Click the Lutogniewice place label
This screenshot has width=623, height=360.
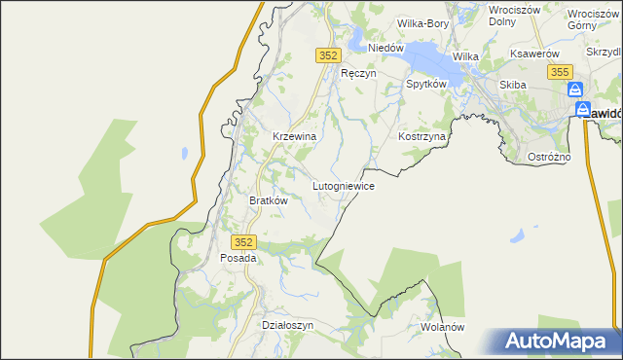[x=343, y=184]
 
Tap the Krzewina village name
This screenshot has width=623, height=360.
[x=294, y=137]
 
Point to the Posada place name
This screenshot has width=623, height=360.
[x=238, y=258]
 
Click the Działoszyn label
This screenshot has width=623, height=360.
[x=288, y=325]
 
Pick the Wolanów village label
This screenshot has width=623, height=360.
[x=443, y=327]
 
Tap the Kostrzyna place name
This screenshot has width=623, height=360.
[x=421, y=137]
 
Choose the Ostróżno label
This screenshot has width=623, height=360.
[x=575, y=157]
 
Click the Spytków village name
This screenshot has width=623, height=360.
[x=425, y=85]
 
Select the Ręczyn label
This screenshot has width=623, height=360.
[x=357, y=73]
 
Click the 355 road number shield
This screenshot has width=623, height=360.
[x=559, y=72]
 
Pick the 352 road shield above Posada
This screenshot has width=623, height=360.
[x=244, y=241]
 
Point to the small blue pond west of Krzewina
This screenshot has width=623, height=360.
[x=182, y=153]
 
